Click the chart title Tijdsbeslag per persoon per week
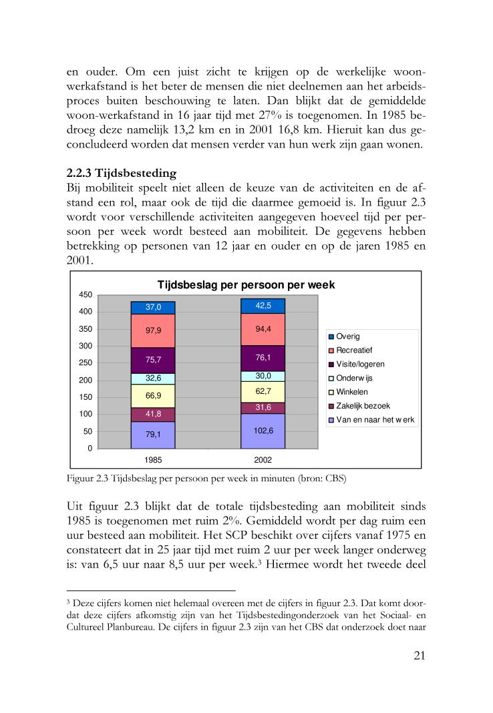pos(246,285)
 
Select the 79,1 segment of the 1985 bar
pos(153,435)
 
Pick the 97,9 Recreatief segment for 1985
pos(153,330)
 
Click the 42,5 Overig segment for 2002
pos(263,306)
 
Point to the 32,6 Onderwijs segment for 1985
pos(153,378)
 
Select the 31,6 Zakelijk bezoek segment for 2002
pos(263,407)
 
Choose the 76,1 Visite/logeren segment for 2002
pos(263,357)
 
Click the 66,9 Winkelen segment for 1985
pos(153,395)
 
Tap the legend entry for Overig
pos(347,336)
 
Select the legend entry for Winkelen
pos(352,392)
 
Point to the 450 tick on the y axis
pos(85,294)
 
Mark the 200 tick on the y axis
pos(85,381)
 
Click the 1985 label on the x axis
pos(153,460)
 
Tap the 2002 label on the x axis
pos(263,460)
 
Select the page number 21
pos(419,655)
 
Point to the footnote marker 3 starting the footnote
pos(69,602)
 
